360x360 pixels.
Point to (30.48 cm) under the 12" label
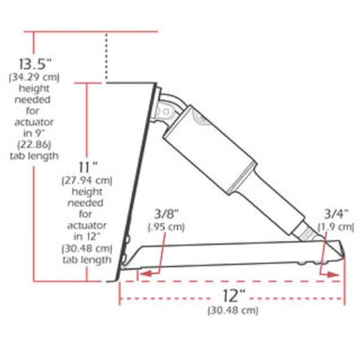[232, 311]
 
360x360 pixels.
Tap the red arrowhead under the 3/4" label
[332, 274]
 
